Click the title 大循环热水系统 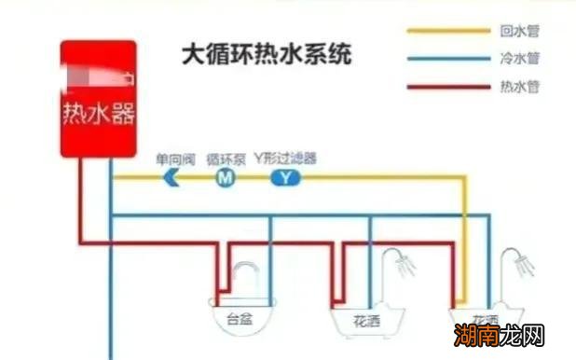[x=267, y=54]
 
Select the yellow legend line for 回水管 [x=448, y=31]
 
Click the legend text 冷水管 [x=520, y=59]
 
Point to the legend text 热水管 [x=520, y=88]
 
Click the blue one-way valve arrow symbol [x=171, y=177]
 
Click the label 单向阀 [x=173, y=159]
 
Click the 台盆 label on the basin [x=240, y=318]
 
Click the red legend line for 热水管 [x=448, y=88]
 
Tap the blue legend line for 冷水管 [x=448, y=59]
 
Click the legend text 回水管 [x=520, y=31]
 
